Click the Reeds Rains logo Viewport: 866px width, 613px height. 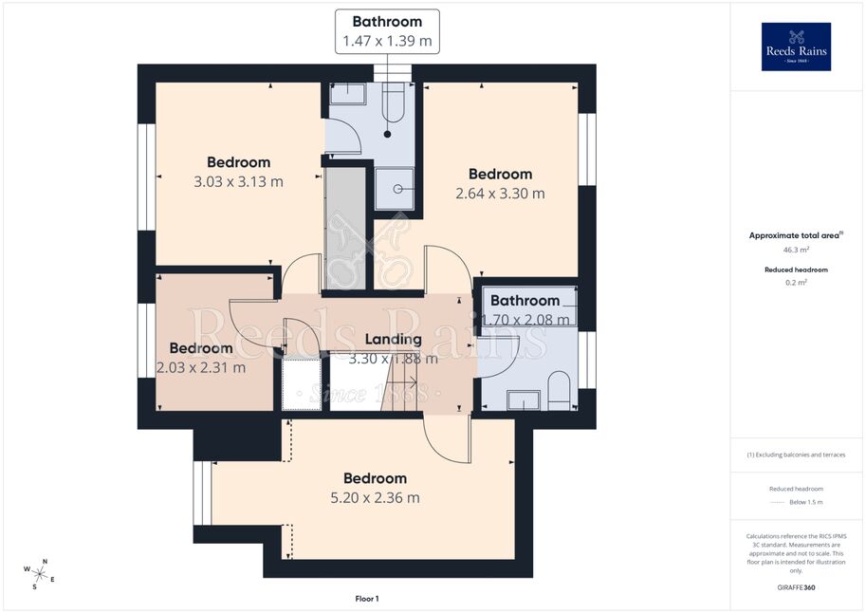coord(796,46)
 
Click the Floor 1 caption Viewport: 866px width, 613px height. coord(367,599)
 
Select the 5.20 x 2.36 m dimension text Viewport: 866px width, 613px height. coord(375,498)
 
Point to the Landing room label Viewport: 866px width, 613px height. coord(394,340)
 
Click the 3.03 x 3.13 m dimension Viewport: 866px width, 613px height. coord(239,182)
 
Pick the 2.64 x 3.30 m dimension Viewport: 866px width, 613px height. coord(501,194)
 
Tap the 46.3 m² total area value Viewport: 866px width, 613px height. coord(796,250)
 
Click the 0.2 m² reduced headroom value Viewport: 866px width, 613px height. coord(796,283)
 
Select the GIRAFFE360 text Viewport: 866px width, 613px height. coord(796,587)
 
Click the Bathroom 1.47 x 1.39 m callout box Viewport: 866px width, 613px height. coord(387,31)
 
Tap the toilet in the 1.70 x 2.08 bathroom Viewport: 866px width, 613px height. coord(560,390)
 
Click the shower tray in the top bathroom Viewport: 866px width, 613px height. coord(395,189)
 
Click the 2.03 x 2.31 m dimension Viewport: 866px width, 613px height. coord(201,368)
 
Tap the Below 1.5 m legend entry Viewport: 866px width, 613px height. coord(806,502)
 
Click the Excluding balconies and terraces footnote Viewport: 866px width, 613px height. coord(796,455)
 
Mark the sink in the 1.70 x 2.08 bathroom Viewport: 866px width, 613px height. coord(524,400)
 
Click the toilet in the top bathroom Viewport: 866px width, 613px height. coord(394,103)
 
